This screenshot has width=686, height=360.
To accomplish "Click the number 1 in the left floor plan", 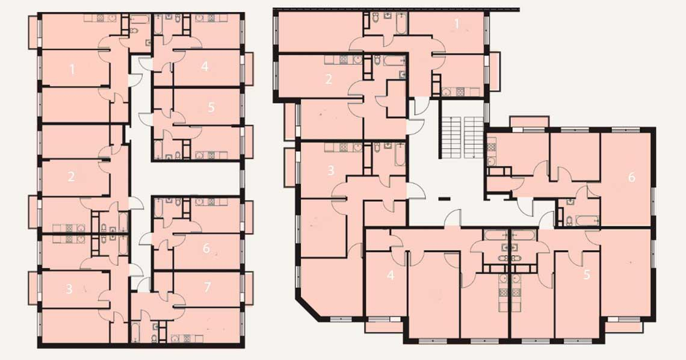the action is coord(73,69).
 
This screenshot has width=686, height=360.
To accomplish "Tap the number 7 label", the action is coord(208,287).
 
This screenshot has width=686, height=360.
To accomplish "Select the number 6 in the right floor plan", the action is coord(631,177).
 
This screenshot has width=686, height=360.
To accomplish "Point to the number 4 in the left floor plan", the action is coord(205,67).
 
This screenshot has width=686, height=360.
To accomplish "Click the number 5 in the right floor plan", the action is coord(587,275).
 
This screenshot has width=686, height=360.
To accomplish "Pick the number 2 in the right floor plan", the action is coord(329,79).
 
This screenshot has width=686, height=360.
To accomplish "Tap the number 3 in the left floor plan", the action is coord(69,289).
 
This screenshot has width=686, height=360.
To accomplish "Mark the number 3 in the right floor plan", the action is coord(331,170).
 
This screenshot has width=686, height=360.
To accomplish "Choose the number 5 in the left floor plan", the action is coord(211,107).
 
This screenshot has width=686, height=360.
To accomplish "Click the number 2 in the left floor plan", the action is coord(71,177).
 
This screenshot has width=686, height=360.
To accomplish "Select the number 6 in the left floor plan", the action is coord(206,249).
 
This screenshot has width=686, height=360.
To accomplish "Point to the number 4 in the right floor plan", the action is coord(391,276).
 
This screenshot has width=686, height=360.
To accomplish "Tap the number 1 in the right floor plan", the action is coord(456,24).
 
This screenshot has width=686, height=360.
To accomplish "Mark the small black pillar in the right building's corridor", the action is coord(443,199).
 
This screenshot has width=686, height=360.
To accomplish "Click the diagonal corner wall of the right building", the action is coord(309,309).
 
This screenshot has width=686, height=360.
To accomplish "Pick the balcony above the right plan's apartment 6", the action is coord(530,122).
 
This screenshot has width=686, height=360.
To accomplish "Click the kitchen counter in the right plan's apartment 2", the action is coord(344,60).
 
